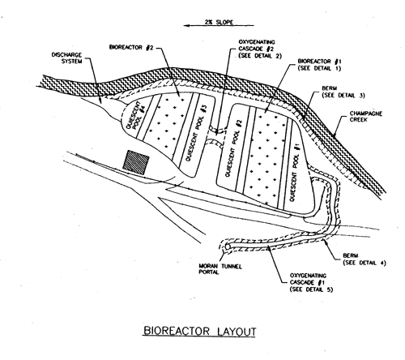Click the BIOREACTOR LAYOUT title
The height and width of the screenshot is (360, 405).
(x=199, y=331)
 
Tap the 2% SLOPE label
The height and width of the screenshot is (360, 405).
(x=219, y=22)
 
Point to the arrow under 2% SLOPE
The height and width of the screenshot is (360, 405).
(x=219, y=26)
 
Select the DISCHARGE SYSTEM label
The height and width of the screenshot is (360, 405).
(x=66, y=58)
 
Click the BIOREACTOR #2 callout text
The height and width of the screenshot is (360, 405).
(x=131, y=47)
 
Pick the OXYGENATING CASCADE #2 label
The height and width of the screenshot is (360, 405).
(x=260, y=49)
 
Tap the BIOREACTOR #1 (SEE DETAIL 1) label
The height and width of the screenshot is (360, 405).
(x=319, y=65)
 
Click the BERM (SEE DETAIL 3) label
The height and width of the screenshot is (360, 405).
(x=343, y=92)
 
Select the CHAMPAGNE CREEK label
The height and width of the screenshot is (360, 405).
(x=366, y=116)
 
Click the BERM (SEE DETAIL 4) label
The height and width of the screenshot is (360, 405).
(x=364, y=259)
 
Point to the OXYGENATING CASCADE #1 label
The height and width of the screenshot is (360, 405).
(x=311, y=282)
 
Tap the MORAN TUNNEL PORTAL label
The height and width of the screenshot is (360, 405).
(x=220, y=269)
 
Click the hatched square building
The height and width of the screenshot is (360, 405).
(x=136, y=161)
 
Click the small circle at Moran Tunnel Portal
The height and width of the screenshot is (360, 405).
(x=228, y=246)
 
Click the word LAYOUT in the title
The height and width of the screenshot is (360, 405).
(x=237, y=332)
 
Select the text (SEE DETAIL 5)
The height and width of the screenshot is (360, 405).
(x=311, y=289)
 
